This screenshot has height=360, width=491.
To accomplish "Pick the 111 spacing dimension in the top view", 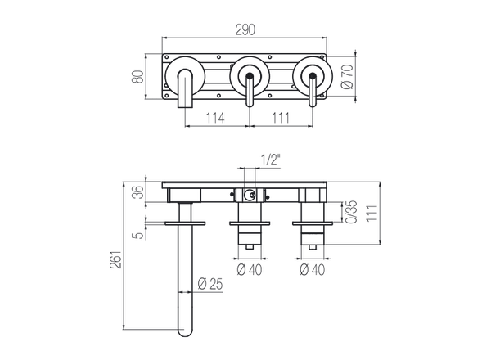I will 280,119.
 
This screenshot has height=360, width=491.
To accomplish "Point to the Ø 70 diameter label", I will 347,79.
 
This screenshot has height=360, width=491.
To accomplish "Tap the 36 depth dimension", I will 138,192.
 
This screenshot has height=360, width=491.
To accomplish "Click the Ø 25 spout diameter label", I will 212,284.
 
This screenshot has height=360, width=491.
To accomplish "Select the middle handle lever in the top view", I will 247,90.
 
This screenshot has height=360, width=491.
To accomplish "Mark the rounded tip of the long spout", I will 184,331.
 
